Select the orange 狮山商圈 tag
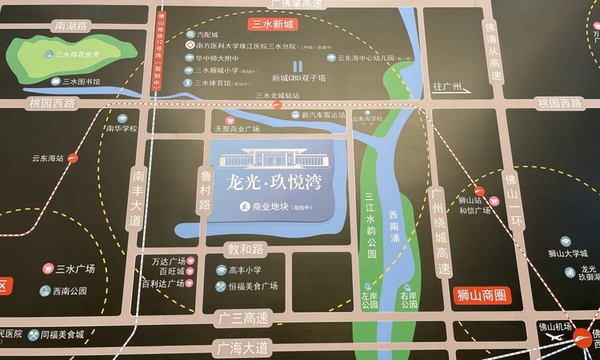click(482, 295)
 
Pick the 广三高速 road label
click(245, 319)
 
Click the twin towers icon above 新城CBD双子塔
click(298, 66)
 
